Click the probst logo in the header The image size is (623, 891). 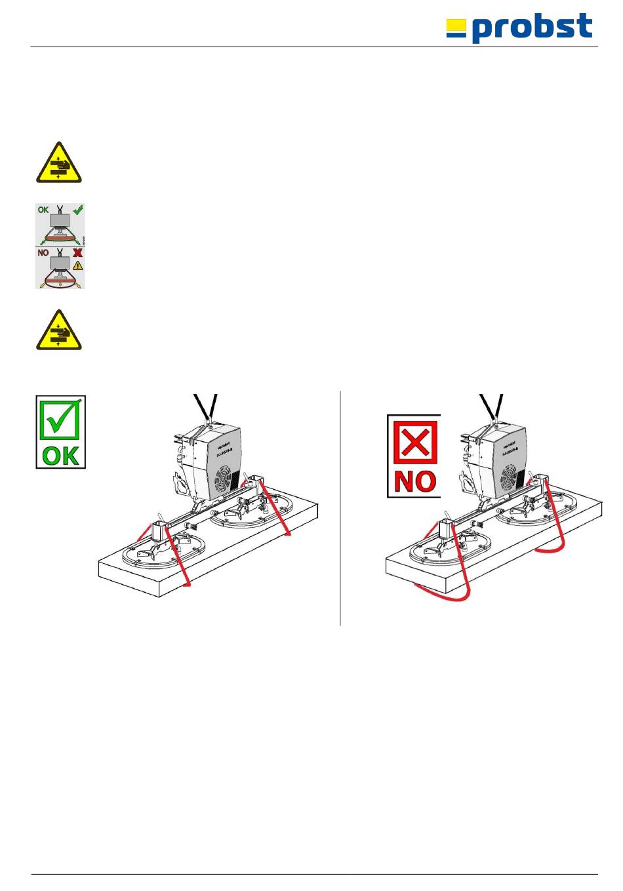[520, 28]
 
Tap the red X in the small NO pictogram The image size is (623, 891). [78, 253]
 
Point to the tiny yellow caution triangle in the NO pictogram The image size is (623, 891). [78, 266]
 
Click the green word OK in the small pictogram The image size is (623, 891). [43, 210]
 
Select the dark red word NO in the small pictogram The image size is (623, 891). [43, 253]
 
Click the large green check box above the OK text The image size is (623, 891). [60, 420]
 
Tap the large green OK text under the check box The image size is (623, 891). [60, 455]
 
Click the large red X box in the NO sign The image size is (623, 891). [414, 442]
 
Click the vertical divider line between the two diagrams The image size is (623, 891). [340, 508]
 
